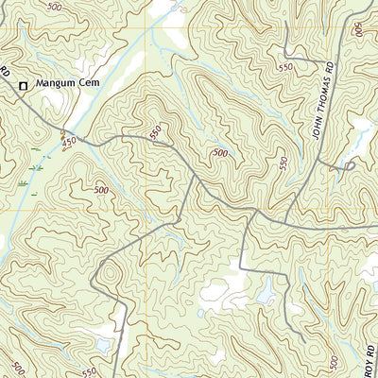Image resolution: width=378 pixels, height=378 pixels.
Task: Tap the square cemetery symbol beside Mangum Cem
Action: tap(24, 85)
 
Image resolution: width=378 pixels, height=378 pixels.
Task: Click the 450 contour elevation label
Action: tap(69, 141)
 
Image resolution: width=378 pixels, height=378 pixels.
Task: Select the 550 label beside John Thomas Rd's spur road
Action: tap(283, 163)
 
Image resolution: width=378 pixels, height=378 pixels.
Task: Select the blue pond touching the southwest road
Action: tap(104, 345)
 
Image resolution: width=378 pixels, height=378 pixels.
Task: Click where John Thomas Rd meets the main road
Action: tap(284, 219)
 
